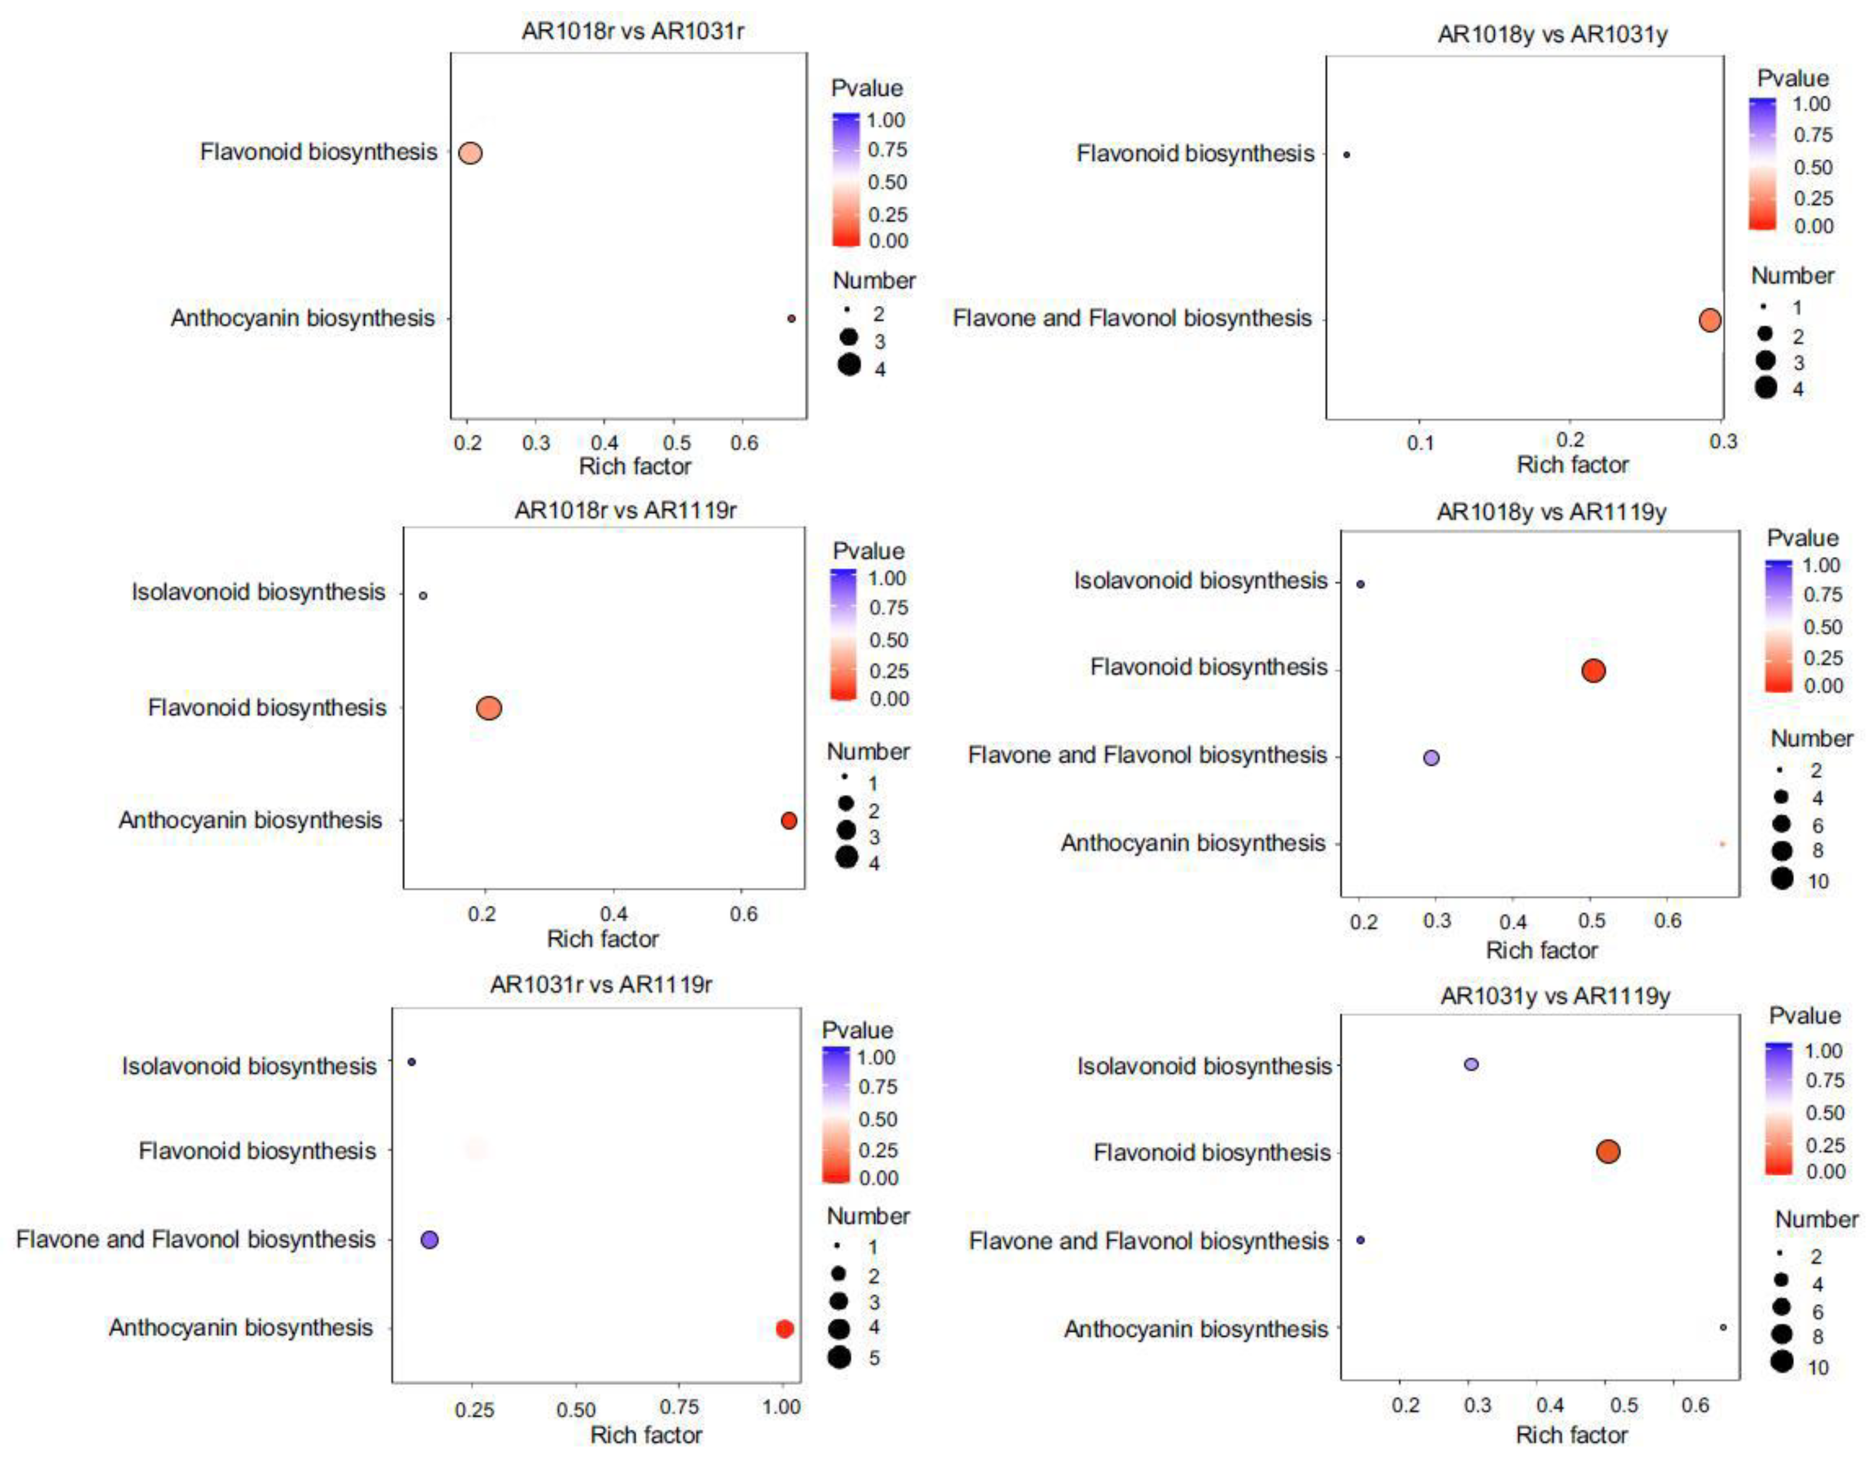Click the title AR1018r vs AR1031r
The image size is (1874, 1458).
click(x=632, y=31)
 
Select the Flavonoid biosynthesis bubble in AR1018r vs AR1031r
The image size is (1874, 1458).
click(x=470, y=153)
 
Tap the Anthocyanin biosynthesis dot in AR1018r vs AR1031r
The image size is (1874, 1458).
click(x=791, y=319)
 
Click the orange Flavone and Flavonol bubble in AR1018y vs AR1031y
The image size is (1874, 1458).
click(x=1710, y=320)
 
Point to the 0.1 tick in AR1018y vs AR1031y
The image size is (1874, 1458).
click(x=1420, y=442)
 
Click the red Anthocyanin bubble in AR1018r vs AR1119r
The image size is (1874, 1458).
click(x=789, y=821)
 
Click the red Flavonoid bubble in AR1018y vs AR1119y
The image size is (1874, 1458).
click(x=1592, y=670)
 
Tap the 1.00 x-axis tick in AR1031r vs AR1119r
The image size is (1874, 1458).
click(x=781, y=1408)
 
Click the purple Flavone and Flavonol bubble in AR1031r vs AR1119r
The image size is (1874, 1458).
click(x=430, y=1240)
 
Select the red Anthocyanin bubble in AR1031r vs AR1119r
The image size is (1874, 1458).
click(x=784, y=1329)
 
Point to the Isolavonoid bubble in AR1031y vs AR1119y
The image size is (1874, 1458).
click(x=1471, y=1064)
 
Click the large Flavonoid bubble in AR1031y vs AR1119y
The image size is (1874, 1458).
click(x=1608, y=1152)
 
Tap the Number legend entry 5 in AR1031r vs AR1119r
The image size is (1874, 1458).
click(x=873, y=1358)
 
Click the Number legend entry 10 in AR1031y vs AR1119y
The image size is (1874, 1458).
click(x=1817, y=1367)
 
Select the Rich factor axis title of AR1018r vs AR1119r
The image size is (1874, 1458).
click(x=602, y=939)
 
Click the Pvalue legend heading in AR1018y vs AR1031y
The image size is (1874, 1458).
click(x=1793, y=79)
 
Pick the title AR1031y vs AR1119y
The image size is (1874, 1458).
click(x=1555, y=997)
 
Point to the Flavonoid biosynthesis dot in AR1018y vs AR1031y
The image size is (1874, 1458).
click(x=1346, y=155)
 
